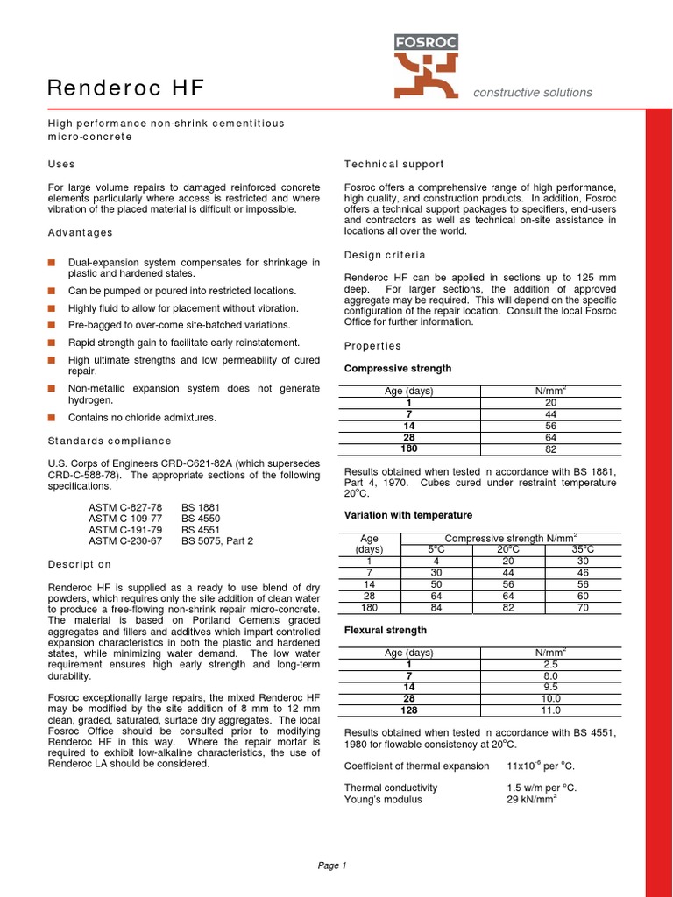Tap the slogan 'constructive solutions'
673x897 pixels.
(533, 93)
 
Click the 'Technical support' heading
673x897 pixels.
(393, 164)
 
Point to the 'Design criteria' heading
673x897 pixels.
(385, 255)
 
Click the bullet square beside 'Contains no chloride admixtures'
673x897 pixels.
(52, 418)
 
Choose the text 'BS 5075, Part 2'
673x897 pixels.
(217, 541)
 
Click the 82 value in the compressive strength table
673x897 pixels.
(550, 448)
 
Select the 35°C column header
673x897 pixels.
(583, 549)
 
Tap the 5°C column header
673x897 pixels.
(436, 549)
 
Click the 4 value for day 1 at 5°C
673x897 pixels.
(436, 561)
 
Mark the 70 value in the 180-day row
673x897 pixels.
(583, 607)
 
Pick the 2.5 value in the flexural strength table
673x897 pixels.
(550, 664)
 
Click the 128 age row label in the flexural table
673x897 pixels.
(408, 710)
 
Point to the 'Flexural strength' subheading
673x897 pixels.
(385, 630)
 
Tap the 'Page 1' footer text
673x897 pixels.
(332, 865)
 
